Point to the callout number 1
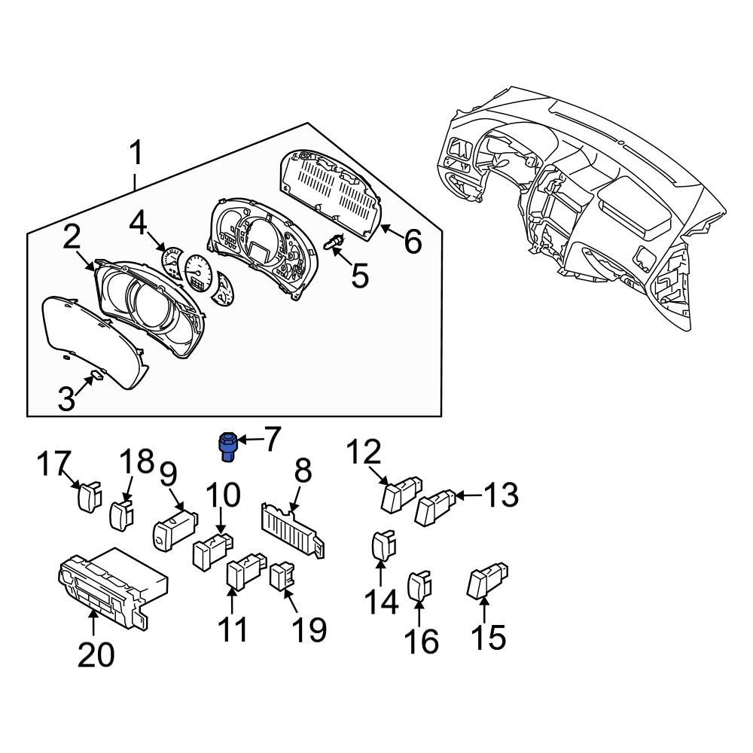point(136,155)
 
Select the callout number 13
point(501,495)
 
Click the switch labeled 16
point(419,586)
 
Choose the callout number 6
point(413,242)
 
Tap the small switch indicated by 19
point(282,577)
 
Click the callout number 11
point(233,629)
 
